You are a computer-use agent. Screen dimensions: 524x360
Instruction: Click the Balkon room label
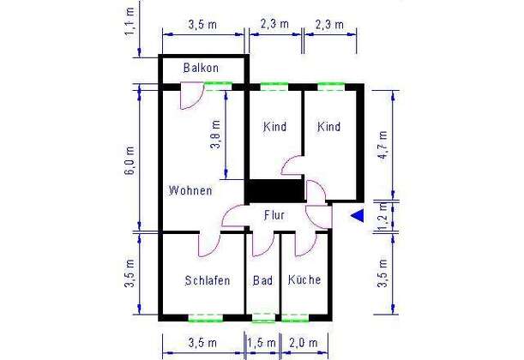point(201,68)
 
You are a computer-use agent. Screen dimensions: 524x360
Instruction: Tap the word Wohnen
point(190,190)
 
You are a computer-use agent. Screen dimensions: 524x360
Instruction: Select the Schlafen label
point(208,280)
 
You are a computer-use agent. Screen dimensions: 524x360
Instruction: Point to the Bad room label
point(262,280)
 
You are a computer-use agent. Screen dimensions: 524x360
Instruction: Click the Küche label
point(304,279)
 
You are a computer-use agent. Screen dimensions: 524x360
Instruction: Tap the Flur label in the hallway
point(274,215)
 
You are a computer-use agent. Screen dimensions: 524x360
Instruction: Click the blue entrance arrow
point(358,215)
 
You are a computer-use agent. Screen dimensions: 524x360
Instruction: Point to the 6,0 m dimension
point(130,160)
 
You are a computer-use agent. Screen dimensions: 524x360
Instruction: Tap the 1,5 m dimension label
point(262,342)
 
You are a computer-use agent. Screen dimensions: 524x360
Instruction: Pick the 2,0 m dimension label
point(303,342)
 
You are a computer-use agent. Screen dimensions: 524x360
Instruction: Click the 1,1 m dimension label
point(130,21)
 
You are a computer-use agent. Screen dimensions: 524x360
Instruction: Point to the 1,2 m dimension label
point(382,216)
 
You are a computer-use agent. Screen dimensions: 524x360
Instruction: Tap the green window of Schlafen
point(206,318)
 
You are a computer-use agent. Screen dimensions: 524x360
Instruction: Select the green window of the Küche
point(295,318)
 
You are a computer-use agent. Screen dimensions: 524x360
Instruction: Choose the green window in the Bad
point(263,318)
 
